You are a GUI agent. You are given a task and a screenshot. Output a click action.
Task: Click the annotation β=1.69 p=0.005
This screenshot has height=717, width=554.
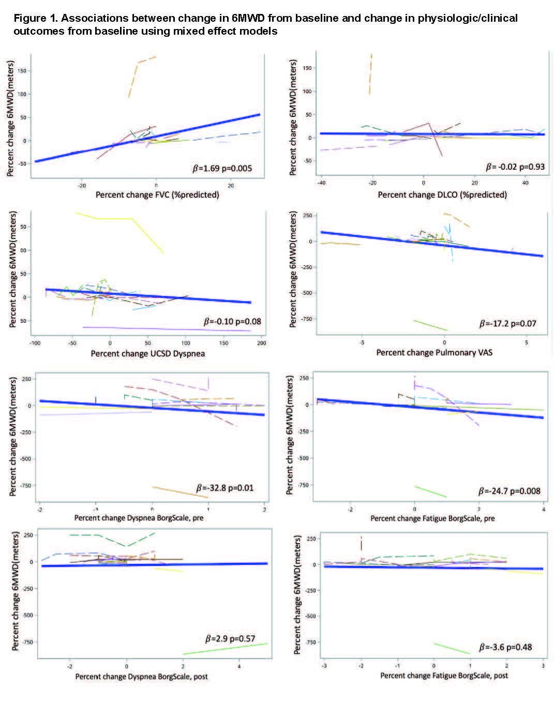pyautogui.click(x=222, y=168)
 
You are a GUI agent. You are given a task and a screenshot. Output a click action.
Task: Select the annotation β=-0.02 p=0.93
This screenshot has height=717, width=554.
pyautogui.click(x=515, y=167)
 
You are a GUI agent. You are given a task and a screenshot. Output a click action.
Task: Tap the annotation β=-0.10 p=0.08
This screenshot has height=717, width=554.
pyautogui.click(x=232, y=322)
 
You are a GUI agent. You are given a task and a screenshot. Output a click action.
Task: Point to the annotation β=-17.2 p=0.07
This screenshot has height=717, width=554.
pyautogui.click(x=508, y=324)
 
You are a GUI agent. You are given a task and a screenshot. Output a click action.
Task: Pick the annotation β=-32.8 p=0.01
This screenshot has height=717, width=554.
pyautogui.click(x=225, y=488)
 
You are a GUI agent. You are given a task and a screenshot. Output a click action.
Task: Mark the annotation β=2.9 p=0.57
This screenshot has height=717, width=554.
pyautogui.click(x=230, y=639)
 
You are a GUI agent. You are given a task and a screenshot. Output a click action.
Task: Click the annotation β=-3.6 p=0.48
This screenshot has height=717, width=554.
pyautogui.click(x=505, y=647)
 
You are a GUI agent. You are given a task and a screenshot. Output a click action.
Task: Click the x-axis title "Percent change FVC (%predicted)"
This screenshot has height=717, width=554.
pyautogui.click(x=157, y=195)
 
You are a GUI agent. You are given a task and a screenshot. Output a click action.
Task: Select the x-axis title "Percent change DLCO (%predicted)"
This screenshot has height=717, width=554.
pyautogui.click(x=442, y=195)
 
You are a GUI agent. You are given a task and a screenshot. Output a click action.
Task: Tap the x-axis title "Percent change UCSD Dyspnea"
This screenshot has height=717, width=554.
pyautogui.click(x=148, y=354)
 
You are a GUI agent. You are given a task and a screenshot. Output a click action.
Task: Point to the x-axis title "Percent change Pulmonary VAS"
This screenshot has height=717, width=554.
pyautogui.click(x=434, y=353)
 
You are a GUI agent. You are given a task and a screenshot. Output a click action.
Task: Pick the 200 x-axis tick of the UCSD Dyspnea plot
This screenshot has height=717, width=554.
pyautogui.click(x=261, y=343)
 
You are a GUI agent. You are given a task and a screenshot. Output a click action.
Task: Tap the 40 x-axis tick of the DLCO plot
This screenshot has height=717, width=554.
pyautogui.click(x=525, y=183)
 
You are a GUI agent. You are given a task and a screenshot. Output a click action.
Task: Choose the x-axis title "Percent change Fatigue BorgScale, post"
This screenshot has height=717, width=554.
pyautogui.click(x=444, y=676)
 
